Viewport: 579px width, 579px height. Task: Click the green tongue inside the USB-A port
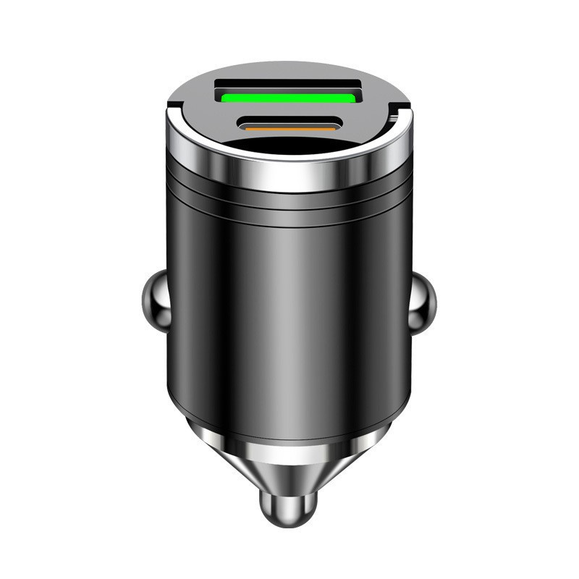[x=289, y=96]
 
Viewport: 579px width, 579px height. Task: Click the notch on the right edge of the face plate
[x=394, y=114]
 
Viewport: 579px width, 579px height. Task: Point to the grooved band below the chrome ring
[x=289, y=199]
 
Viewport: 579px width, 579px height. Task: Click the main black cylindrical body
[x=289, y=311]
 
